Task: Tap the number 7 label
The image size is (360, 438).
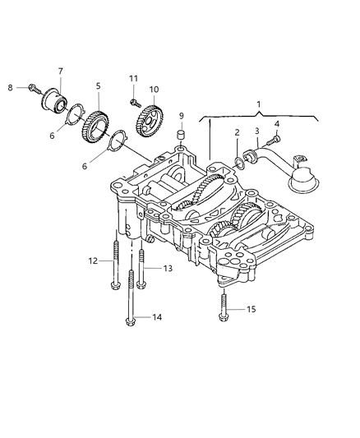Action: point(60,71)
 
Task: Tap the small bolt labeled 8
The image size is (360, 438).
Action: point(30,86)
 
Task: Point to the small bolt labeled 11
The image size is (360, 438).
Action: point(132,103)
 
